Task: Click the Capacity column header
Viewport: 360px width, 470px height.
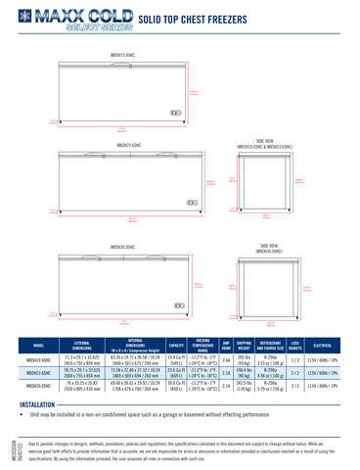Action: coord(176,346)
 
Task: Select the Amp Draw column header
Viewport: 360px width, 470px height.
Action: coord(226,346)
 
